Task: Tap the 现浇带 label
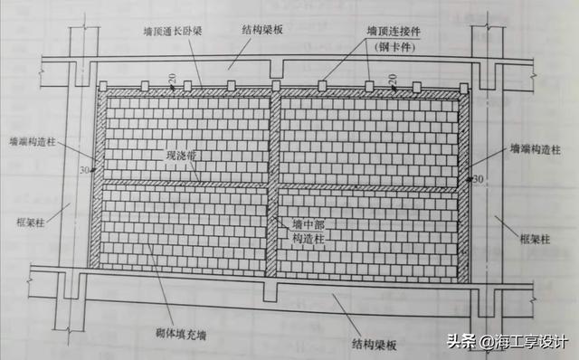coord(180,156)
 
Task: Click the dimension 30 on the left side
coord(86,169)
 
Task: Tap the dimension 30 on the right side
coord(479,178)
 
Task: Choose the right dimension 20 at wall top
coord(394,81)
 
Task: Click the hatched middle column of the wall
coord(273,181)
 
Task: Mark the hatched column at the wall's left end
coord(98,181)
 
